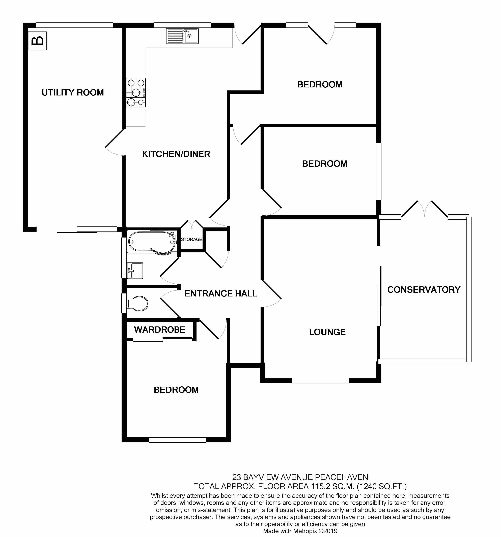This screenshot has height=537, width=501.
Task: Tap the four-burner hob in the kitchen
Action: [x=136, y=92]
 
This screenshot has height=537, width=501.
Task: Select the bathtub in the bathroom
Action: [x=152, y=242]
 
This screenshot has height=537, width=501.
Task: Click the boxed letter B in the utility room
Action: [x=38, y=41]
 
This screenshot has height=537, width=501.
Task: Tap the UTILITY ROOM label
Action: [x=73, y=92]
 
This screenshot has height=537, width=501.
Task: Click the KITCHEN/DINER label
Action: [x=176, y=154]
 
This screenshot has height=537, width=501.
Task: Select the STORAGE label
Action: [x=191, y=239]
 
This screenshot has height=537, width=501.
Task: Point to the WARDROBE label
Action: [x=159, y=329]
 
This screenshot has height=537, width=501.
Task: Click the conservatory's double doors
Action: [x=425, y=209]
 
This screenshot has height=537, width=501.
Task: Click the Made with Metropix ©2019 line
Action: [x=300, y=531]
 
